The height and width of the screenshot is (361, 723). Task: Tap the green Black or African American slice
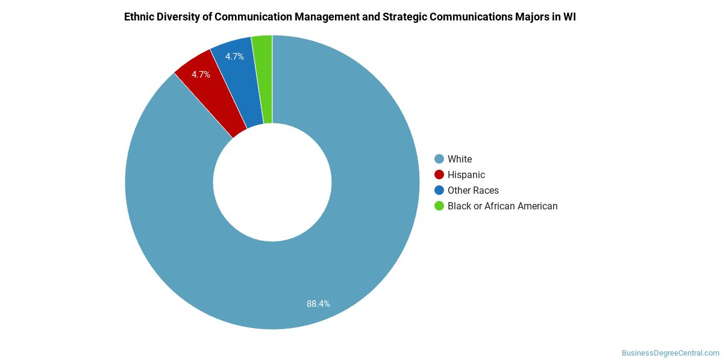[263, 78]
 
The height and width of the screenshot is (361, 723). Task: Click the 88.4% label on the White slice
[318, 304]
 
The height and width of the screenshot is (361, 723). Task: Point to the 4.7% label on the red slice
[201, 75]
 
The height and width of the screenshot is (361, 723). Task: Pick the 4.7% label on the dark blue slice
[234, 57]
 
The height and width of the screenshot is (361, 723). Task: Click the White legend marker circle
[439, 159]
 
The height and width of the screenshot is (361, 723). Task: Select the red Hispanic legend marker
[439, 174]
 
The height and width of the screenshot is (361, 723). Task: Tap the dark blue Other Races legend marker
[439, 190]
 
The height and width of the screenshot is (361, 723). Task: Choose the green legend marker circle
[439, 206]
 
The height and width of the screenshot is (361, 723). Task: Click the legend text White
[460, 159]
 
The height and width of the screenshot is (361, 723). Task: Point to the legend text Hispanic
[466, 174]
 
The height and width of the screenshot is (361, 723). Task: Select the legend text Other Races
[473, 190]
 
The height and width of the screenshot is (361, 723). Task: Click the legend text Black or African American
[502, 206]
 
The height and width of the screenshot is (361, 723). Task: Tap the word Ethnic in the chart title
[139, 17]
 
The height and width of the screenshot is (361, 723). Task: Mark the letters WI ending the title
[569, 17]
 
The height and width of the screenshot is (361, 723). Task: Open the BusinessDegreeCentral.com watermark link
[670, 353]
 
